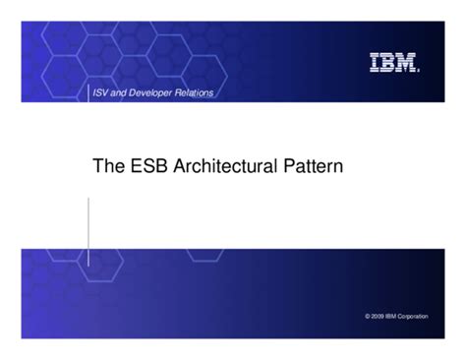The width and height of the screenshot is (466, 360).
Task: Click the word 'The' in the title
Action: [108, 167]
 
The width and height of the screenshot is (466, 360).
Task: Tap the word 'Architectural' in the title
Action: [224, 167]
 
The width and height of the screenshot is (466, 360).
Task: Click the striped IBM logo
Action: [393, 63]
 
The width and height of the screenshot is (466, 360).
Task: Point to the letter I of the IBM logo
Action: [376, 63]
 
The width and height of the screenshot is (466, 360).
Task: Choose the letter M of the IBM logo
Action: [407, 63]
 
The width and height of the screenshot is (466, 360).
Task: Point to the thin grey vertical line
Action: [88, 231]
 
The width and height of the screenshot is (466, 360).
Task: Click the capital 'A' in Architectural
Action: [180, 167]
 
